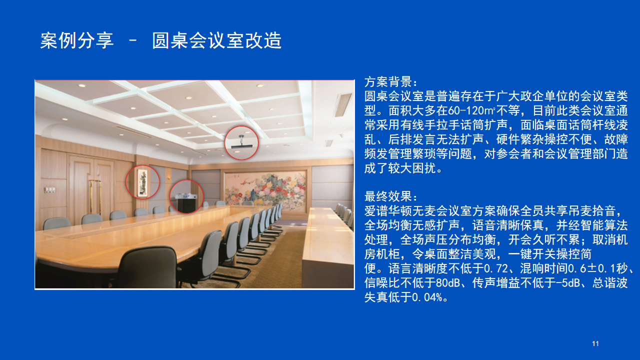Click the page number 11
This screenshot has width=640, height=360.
pyautogui.click(x=595, y=343)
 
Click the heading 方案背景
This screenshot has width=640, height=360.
pyautogui.click(x=388, y=82)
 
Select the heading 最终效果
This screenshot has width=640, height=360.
pyautogui.click(x=388, y=196)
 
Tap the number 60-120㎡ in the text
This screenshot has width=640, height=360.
pyautogui.click(x=471, y=110)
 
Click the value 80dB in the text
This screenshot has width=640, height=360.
pyautogui.click(x=448, y=283)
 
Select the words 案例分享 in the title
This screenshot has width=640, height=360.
pyautogui.click(x=76, y=40)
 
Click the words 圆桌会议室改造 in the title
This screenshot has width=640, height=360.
pyautogui.click(x=216, y=40)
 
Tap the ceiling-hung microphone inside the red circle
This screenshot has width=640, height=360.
pyautogui.click(x=241, y=142)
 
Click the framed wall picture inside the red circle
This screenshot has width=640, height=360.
pyautogui.click(x=142, y=183)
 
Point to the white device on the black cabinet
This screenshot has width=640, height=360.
pyautogui.click(x=185, y=196)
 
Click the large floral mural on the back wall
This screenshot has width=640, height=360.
pyautogui.click(x=265, y=189)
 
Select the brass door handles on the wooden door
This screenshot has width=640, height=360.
pyautogui.click(x=95, y=197)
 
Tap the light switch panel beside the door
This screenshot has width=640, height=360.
pyautogui.click(x=49, y=189)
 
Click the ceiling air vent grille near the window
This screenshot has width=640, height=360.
pyautogui.click(x=343, y=105)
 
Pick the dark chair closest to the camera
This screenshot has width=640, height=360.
pyautogui.click(x=148, y=267)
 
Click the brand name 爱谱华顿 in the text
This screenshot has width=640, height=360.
pyautogui.click(x=388, y=211)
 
